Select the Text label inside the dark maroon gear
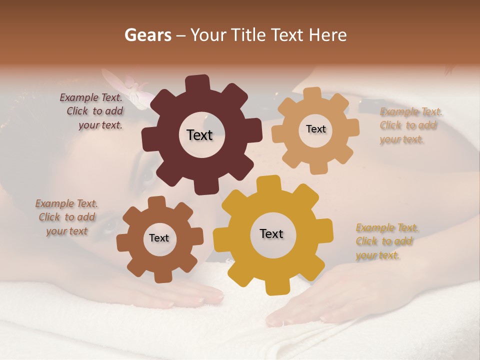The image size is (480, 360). coord(199,135)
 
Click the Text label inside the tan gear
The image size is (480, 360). coord(315,129)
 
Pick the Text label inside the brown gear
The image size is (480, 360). coord(159,238)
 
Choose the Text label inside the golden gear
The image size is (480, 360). coord(271,233)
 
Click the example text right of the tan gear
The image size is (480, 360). coord(410,125)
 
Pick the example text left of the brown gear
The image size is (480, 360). coord(67,217)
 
